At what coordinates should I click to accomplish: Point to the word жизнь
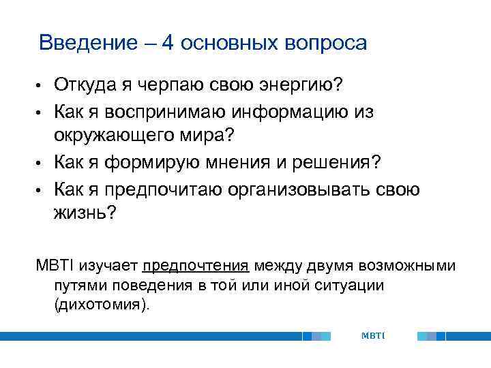point(81,213)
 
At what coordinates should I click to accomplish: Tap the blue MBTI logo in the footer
point(372,335)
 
